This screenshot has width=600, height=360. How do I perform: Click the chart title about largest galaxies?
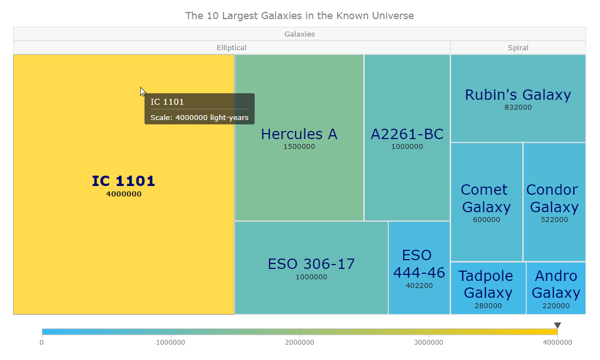pos(299,16)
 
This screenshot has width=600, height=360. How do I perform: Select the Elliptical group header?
pos(231,47)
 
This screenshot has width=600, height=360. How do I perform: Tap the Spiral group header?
pos(518,47)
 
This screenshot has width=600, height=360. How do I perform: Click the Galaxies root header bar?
pos(299,34)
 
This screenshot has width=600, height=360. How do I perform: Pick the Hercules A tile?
pos(299,164)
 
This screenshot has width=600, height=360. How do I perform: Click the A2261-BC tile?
pos(407,164)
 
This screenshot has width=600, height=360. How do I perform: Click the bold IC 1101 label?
pos(123,181)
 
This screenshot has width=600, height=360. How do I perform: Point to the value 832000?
pos(518,107)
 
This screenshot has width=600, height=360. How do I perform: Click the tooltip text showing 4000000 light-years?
pos(200,117)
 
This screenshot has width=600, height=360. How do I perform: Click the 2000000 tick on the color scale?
pos(299,343)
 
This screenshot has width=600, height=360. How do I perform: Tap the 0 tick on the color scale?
pos(41,343)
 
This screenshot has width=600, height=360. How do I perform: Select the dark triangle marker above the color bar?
pos(557,325)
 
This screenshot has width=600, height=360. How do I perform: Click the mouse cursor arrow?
pos(142,92)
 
